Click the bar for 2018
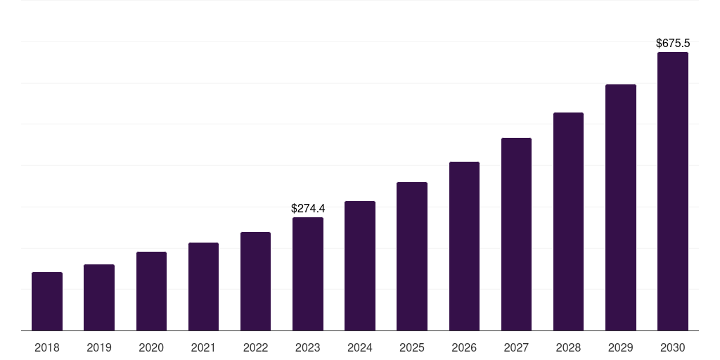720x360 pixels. tap(47, 301)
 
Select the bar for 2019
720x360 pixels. tap(99, 297)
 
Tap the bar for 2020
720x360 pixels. tap(151, 291)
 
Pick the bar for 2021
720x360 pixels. tap(203, 286)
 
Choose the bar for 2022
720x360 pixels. tap(255, 281)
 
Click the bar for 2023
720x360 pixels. tap(308, 274)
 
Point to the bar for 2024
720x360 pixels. tap(360, 266)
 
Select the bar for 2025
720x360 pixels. tap(412, 256)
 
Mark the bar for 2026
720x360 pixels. tap(464, 246)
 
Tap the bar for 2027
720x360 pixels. tap(516, 234)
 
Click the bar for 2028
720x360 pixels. tap(568, 221)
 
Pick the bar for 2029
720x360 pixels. tap(621, 207)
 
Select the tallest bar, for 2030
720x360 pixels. tap(673, 191)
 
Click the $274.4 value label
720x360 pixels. tap(308, 208)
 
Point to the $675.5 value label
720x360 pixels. tap(673, 43)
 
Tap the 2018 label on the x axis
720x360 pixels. tap(47, 347)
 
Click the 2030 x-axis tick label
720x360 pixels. tap(673, 347)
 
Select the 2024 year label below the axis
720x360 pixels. tap(360, 347)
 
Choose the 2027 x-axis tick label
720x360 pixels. tap(516, 347)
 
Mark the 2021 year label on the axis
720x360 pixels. tap(203, 347)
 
